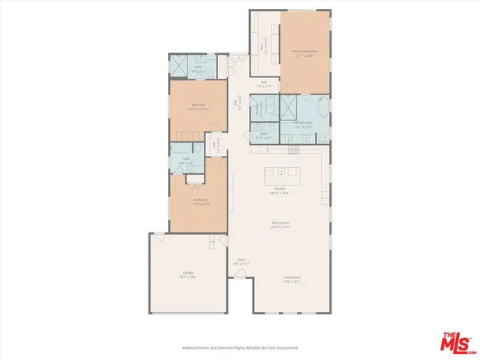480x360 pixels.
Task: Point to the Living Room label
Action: pyautogui.click(x=292, y=278)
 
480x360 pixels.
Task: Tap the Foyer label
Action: pyautogui.click(x=240, y=262)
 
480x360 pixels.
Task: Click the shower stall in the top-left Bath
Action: pyautogui.click(x=179, y=68)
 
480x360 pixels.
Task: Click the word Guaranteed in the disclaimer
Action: pyautogui.click(x=286, y=348)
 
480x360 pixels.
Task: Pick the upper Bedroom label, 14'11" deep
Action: pyautogui.click(x=199, y=106)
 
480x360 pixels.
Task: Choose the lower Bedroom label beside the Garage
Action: pyautogui.click(x=199, y=201)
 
